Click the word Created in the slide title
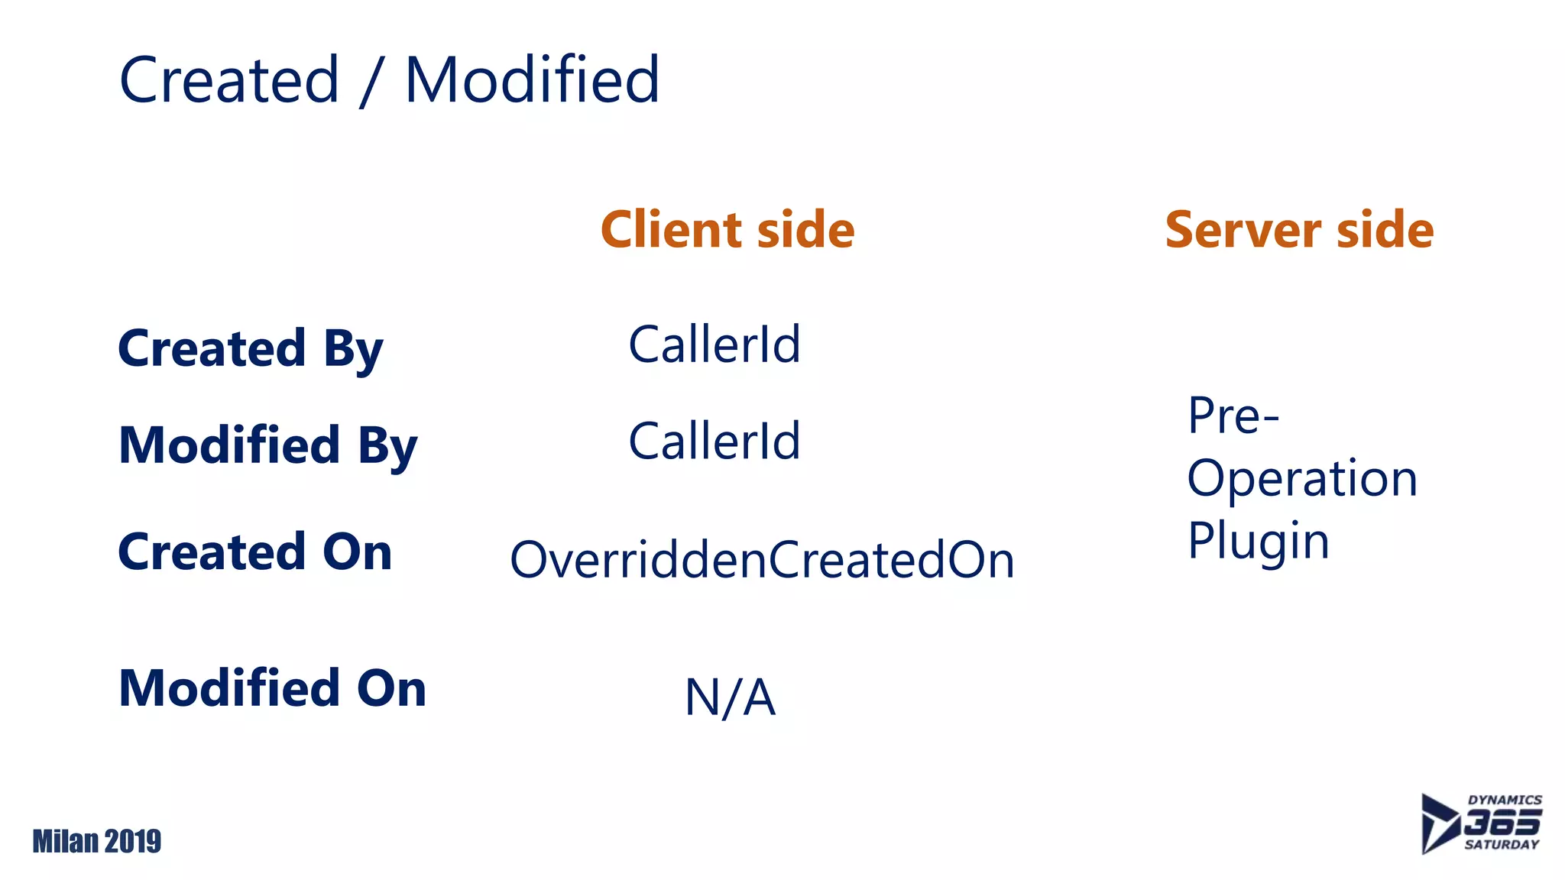click(x=229, y=80)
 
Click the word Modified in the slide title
click(x=532, y=80)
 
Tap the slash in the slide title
click(x=371, y=82)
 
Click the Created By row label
click(x=250, y=349)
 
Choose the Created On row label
click(x=255, y=552)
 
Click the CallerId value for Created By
click(x=714, y=345)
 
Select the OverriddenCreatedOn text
click(x=762, y=560)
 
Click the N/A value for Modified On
click(x=730, y=697)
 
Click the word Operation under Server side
click(x=1302, y=479)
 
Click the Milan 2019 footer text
click(x=97, y=841)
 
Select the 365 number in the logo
click(x=1502, y=823)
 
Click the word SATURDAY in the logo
click(x=1502, y=845)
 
